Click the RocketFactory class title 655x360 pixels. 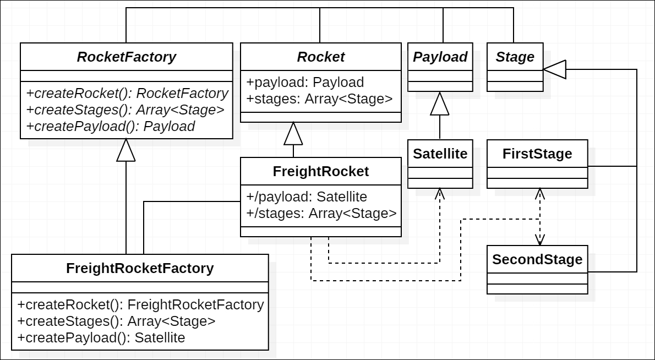click(126, 57)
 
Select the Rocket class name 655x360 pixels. click(320, 57)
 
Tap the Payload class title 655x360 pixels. click(440, 57)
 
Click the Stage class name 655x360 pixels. click(515, 57)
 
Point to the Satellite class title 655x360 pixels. click(440, 154)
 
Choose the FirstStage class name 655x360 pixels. click(537, 154)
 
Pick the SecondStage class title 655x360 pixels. click(537, 259)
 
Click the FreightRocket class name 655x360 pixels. click(320, 171)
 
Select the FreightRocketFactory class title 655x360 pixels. click(139, 268)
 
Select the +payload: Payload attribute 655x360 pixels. click(305, 82)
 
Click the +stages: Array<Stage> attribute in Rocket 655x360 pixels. click(319, 99)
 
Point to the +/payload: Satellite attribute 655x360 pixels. click(307, 197)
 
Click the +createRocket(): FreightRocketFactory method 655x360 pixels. click(140, 304)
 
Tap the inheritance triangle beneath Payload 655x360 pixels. click(440, 104)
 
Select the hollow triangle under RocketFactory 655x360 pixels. click(126, 150)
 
